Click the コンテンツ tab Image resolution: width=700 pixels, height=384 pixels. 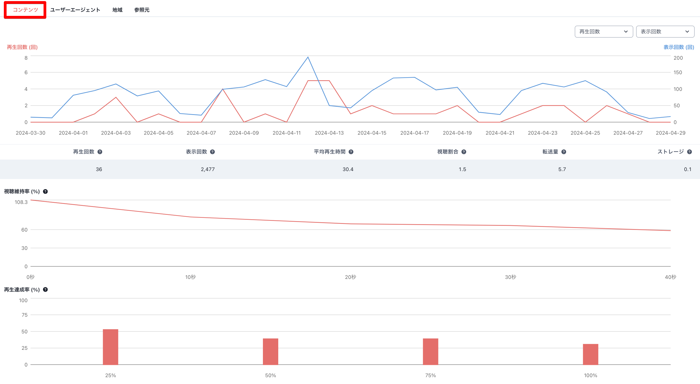25,10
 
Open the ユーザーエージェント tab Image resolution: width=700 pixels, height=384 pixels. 75,10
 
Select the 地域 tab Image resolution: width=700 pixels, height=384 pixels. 117,10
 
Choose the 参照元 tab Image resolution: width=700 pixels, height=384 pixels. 142,10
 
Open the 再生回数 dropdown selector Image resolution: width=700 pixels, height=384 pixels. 604,31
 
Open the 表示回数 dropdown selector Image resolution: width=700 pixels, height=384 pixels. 665,31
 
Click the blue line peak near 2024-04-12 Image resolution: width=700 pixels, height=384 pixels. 308,57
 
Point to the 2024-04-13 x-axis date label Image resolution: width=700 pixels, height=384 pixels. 329,133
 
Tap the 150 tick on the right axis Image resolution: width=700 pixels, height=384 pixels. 678,73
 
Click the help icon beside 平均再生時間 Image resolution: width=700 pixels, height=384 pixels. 351,152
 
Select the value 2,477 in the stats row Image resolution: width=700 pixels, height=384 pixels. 208,169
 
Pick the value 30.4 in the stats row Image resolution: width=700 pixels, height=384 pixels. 348,169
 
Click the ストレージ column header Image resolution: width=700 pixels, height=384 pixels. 670,152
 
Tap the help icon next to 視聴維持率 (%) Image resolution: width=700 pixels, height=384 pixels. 45,192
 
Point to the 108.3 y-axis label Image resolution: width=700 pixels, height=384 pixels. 21,202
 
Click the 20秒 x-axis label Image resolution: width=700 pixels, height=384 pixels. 350,277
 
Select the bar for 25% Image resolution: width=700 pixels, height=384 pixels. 110,347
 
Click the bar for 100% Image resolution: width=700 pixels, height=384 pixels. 590,354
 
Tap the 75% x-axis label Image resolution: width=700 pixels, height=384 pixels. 430,376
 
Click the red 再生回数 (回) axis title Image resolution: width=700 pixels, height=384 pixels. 22,47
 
